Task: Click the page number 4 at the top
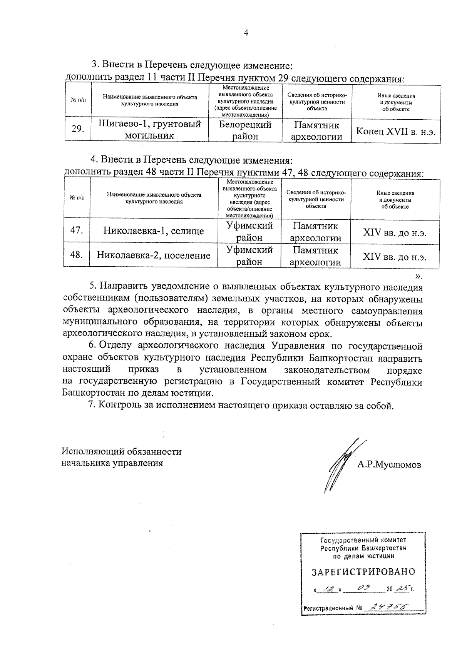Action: pos(246,33)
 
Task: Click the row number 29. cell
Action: pos(78,129)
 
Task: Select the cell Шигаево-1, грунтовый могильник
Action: pos(150,130)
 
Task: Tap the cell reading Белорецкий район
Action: pos(245,130)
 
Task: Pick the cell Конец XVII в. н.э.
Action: pos(396,131)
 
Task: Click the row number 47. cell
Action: pos(77,230)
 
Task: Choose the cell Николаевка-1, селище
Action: pos(153,231)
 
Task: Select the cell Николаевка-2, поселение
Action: pos(153,255)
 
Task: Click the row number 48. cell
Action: pos(77,255)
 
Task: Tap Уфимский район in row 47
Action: pos(249,231)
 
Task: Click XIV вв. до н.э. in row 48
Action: pos(395,257)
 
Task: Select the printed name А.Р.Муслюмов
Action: pos(389,464)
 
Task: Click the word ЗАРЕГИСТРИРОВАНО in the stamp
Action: pos(363,572)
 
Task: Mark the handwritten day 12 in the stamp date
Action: pos(328,589)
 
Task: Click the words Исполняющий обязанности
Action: pos(122,451)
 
